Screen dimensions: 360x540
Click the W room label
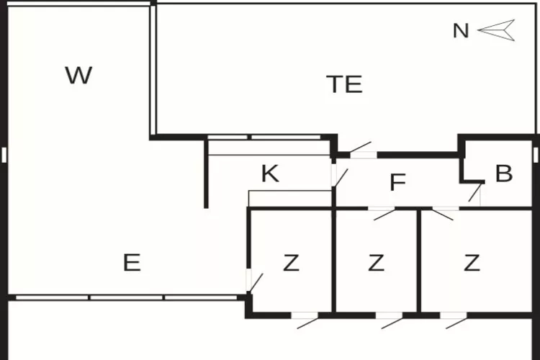tap(78, 76)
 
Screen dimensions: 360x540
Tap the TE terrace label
tap(344, 84)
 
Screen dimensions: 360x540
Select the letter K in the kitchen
tap(270, 174)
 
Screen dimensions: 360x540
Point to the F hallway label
tap(397, 183)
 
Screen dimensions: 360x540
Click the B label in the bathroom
tap(504, 174)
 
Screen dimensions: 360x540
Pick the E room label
tap(131, 263)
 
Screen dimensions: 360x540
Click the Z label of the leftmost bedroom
tap(290, 264)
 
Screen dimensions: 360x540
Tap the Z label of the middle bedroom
tap(376, 264)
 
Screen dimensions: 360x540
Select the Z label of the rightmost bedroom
tap(472, 264)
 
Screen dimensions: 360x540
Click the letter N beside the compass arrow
tap(461, 31)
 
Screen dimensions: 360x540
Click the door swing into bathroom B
tap(474, 193)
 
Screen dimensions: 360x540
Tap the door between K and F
tap(338, 176)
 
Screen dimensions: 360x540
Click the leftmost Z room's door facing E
tap(253, 281)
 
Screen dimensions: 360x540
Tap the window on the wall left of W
tap(4, 155)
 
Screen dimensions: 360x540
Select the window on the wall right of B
tap(536, 155)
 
